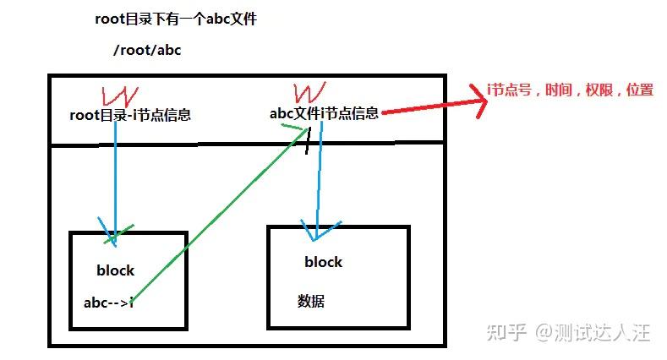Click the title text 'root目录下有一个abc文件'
(176, 19)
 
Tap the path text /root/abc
(147, 50)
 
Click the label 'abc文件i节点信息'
(323, 113)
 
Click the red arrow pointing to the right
(431, 106)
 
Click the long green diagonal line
(220, 215)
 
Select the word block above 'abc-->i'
(116, 271)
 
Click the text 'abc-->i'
(109, 303)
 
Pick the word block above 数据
(324, 262)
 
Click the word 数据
(311, 302)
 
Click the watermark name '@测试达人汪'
(592, 333)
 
